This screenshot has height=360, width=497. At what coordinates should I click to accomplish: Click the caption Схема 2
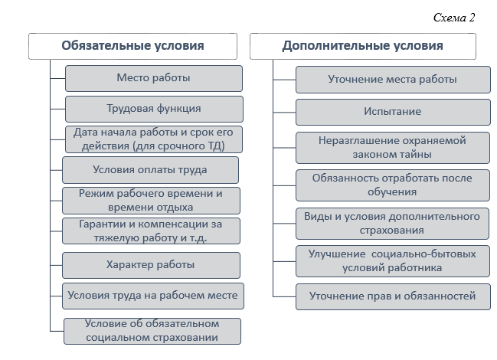tap(454, 18)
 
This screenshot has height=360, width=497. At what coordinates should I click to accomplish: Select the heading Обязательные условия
tap(132, 46)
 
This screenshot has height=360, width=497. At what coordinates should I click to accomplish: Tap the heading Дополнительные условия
tap(363, 46)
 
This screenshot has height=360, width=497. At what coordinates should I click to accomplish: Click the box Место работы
tap(154, 78)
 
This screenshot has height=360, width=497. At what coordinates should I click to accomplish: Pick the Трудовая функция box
tap(154, 109)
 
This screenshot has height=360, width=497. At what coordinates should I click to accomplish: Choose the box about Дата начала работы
tap(154, 139)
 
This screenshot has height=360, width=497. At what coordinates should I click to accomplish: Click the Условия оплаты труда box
tap(150, 170)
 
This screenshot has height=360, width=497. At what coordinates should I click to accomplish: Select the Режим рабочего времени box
tap(151, 201)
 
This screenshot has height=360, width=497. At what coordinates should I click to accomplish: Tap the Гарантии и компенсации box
tap(151, 231)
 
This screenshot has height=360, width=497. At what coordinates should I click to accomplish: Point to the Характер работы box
tap(151, 265)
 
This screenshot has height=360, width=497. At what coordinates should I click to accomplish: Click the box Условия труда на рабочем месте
tap(153, 296)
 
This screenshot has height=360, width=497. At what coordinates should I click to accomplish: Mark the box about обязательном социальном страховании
tap(152, 331)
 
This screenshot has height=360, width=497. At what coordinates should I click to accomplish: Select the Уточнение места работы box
tap(393, 80)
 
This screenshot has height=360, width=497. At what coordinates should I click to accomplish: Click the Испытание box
tap(393, 112)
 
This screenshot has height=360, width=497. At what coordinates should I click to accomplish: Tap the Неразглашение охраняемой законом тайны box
tap(393, 148)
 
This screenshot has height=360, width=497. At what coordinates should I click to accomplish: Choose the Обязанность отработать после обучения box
tap(393, 185)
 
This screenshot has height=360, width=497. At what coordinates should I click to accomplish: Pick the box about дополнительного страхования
tap(392, 224)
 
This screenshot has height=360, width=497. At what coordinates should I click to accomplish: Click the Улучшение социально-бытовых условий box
tap(393, 261)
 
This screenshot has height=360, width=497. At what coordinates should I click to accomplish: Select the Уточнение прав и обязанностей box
tap(393, 296)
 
